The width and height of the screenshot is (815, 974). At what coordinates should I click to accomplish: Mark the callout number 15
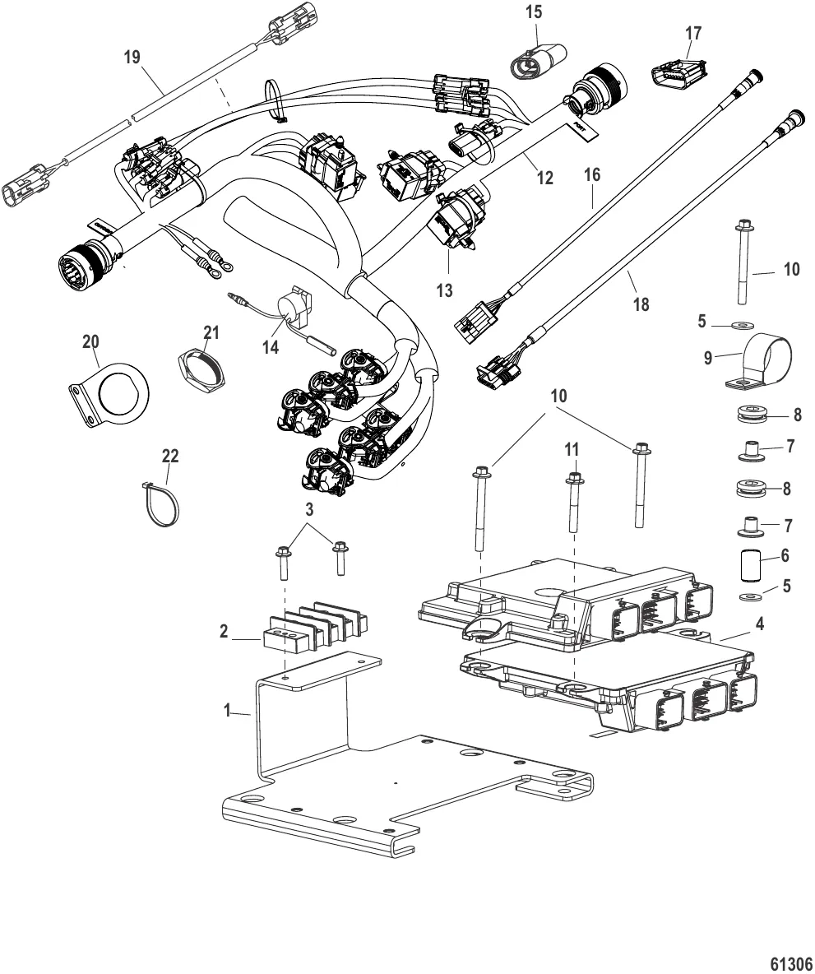pos(535,12)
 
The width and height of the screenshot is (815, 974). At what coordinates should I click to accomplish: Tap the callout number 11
pos(575,452)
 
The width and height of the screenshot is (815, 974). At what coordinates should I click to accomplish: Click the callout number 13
pos(444,290)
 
